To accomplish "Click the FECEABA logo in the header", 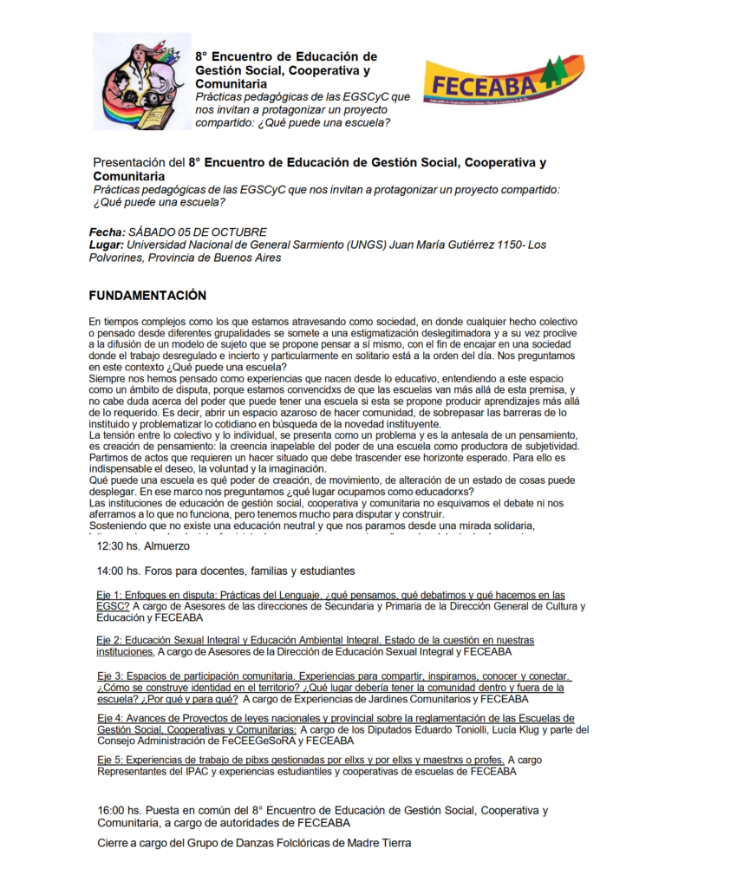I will click(x=491, y=82).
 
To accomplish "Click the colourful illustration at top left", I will click(x=142, y=82).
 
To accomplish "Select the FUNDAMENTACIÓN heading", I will click(x=147, y=296).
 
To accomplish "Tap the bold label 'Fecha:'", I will click(x=107, y=232).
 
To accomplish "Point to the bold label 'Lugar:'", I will click(x=107, y=245).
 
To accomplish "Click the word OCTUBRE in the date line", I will click(x=243, y=232).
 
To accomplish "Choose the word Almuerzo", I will click(x=167, y=546).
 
